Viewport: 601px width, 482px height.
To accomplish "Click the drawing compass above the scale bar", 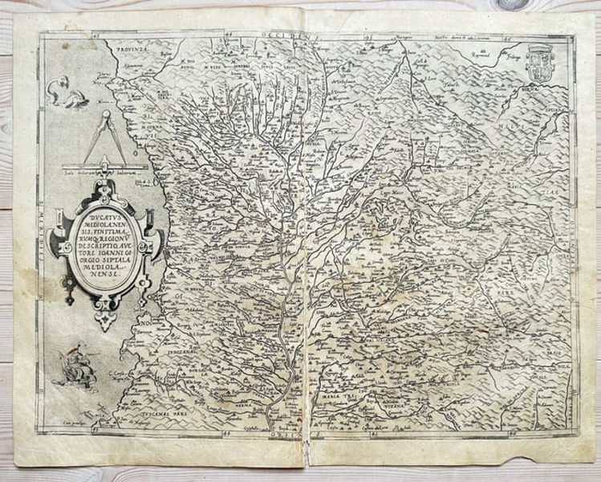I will (103, 137).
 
